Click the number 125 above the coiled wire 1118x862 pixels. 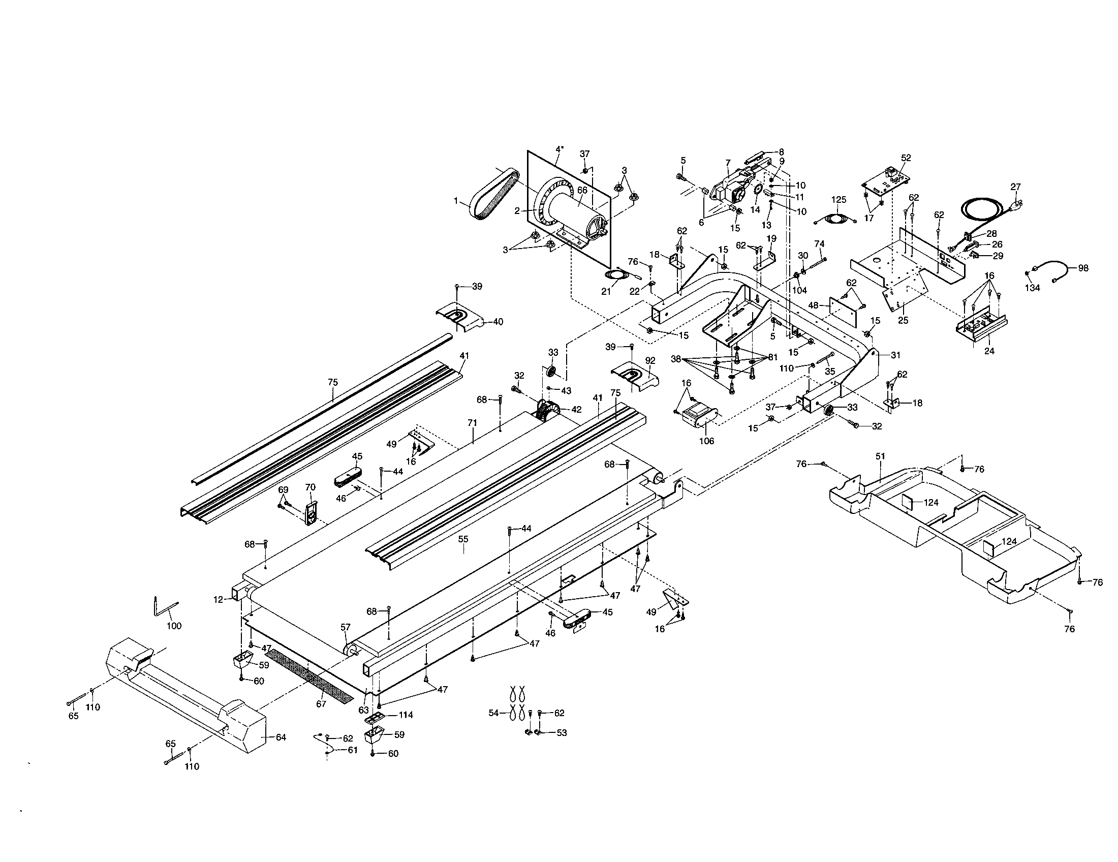tap(838, 200)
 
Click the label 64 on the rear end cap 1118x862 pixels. tap(281, 737)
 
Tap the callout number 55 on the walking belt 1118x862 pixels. tap(463, 539)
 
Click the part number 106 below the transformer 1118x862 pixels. tap(706, 441)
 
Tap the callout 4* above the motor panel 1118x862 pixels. tap(560, 149)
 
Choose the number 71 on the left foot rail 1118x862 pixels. tap(472, 423)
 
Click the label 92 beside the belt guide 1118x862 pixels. tap(650, 360)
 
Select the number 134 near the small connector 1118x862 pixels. tap(1033, 288)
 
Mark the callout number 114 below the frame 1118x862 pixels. tap(406, 715)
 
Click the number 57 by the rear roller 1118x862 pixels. tap(346, 627)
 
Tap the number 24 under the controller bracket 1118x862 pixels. tap(989, 351)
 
